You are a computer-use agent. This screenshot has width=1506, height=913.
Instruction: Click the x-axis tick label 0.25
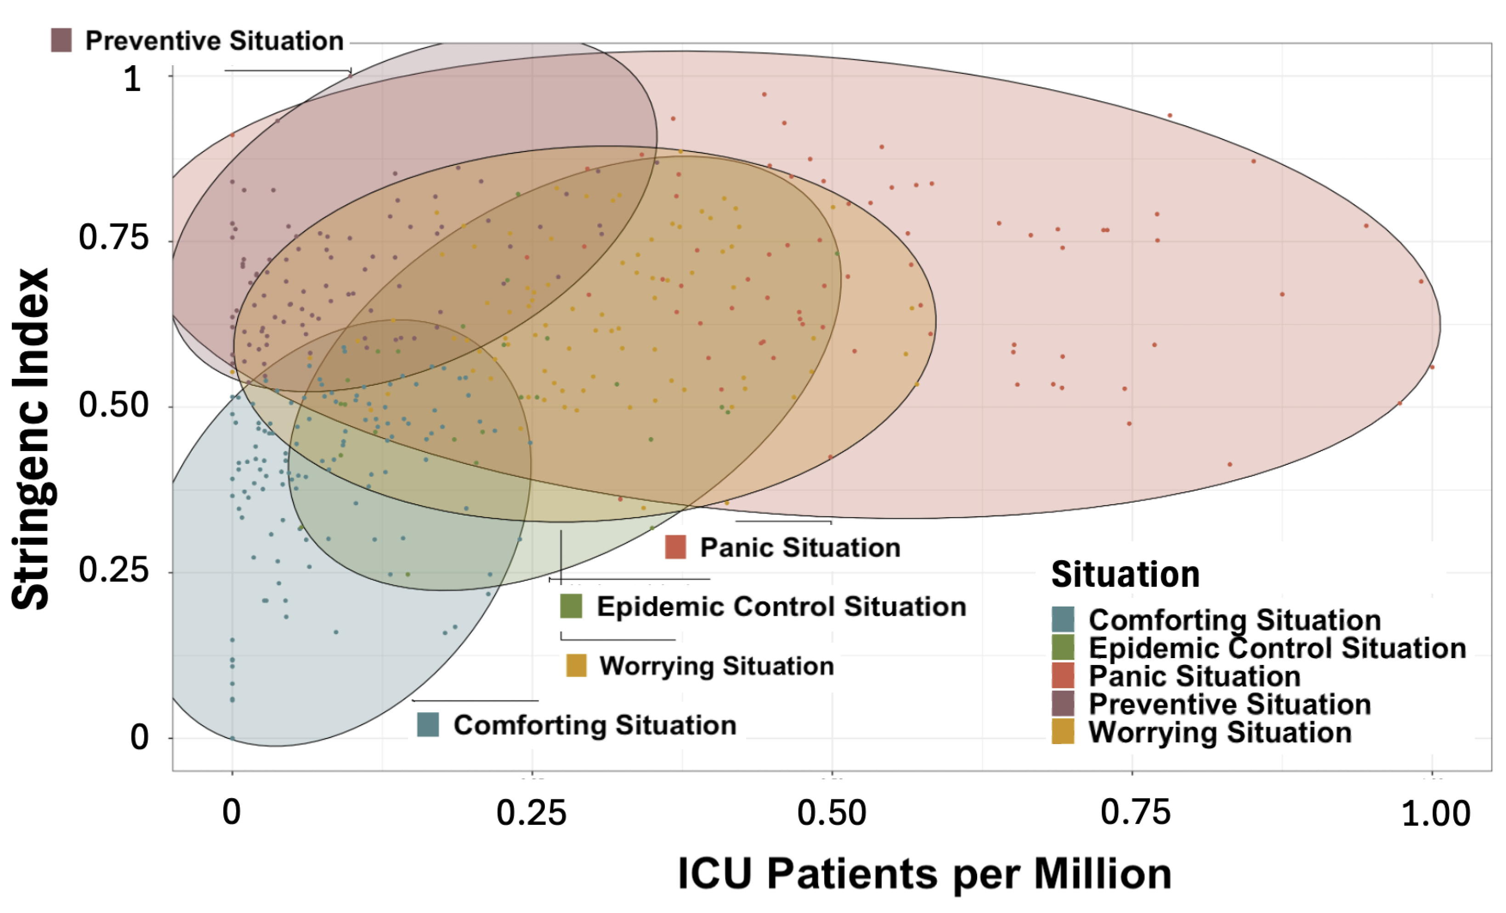point(531,813)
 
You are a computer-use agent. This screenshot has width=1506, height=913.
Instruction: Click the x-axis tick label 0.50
point(832,813)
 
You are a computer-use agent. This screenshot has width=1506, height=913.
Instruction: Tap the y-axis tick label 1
point(132,79)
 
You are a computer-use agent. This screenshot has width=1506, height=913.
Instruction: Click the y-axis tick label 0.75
point(113,238)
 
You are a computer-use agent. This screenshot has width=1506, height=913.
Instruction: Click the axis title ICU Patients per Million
point(924,874)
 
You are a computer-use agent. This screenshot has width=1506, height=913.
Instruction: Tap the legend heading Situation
point(1125,575)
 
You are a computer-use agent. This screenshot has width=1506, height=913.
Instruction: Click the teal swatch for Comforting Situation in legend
point(1063,620)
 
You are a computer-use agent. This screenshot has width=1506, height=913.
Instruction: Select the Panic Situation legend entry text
point(1195,676)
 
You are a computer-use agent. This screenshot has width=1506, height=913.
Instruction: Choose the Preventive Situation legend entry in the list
point(1229,704)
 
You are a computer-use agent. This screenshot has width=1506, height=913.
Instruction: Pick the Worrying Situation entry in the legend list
point(1219,733)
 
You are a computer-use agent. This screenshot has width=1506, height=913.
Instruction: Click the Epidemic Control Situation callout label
point(781,607)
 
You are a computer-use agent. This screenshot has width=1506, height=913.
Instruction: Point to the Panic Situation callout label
point(799,547)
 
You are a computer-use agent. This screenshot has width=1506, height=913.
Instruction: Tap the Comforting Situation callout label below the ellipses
point(594,725)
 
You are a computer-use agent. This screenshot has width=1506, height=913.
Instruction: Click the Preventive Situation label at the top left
point(214,41)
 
